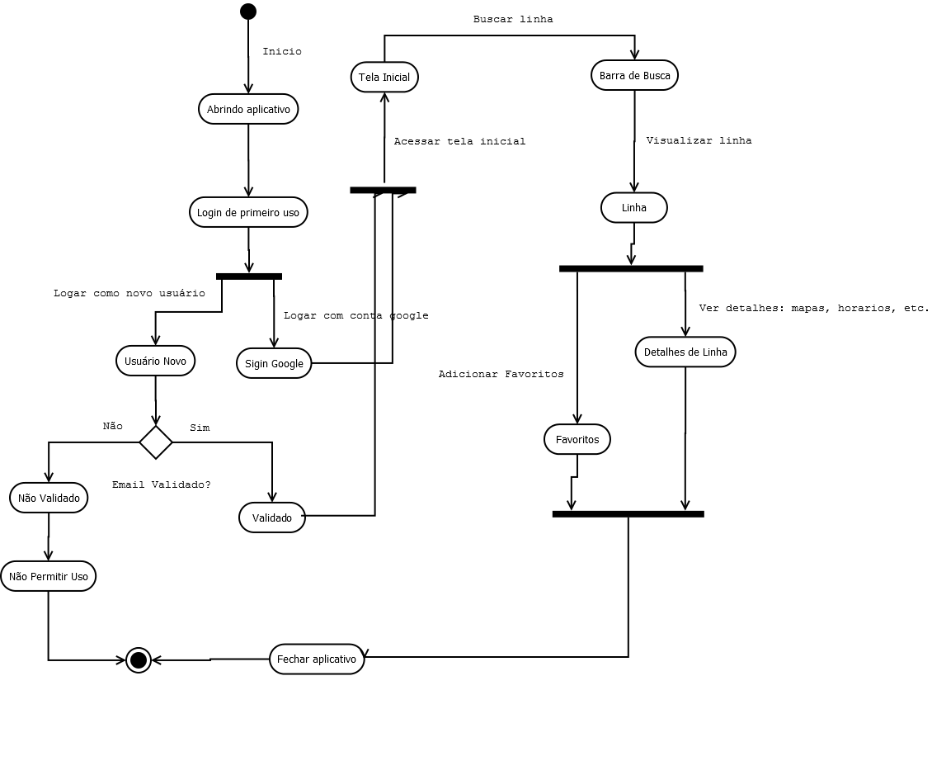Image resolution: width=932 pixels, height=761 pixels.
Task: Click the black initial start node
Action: (248, 11)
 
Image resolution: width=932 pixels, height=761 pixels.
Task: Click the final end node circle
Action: (139, 660)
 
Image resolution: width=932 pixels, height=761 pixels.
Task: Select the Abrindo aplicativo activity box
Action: (248, 109)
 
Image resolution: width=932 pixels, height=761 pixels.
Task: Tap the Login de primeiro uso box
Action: (248, 212)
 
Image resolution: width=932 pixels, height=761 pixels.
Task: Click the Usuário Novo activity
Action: (155, 361)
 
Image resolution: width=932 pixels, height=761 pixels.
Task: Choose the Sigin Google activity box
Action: (274, 363)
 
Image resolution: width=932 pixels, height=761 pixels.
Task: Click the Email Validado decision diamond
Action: (156, 442)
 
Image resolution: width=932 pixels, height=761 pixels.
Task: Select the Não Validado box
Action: (49, 498)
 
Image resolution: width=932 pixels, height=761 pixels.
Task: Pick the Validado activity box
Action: (272, 518)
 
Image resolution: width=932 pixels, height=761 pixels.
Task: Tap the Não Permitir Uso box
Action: (49, 576)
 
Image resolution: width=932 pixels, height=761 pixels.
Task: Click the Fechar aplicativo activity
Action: (317, 659)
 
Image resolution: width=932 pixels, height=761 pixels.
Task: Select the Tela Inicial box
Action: (384, 77)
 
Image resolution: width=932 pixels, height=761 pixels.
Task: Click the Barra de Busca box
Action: (634, 75)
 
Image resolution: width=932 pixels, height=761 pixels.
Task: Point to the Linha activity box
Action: (633, 207)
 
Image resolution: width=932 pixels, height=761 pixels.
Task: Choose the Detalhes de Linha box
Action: (685, 352)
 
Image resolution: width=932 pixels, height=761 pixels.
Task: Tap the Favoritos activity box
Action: (577, 439)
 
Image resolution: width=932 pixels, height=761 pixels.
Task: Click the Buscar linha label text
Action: (513, 19)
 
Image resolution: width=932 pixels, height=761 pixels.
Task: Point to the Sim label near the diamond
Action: (200, 428)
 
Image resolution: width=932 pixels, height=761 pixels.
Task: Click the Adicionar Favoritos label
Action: (501, 374)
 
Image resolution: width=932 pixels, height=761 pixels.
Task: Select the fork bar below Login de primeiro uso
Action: (249, 276)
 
